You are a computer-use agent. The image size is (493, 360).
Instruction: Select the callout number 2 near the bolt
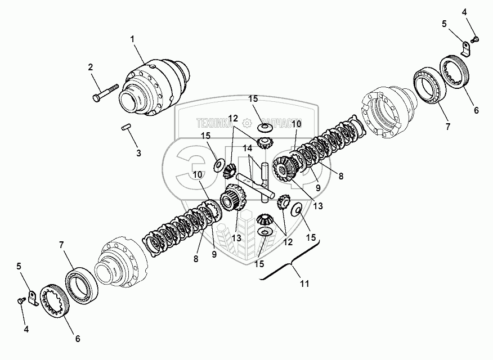(x=90, y=67)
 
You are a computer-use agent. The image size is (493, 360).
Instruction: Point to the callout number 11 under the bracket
(x=304, y=284)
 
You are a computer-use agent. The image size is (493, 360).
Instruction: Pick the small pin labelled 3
(x=126, y=130)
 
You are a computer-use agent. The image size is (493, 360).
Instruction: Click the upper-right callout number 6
(x=476, y=110)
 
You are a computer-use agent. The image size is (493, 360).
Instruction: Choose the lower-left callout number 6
(x=77, y=339)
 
